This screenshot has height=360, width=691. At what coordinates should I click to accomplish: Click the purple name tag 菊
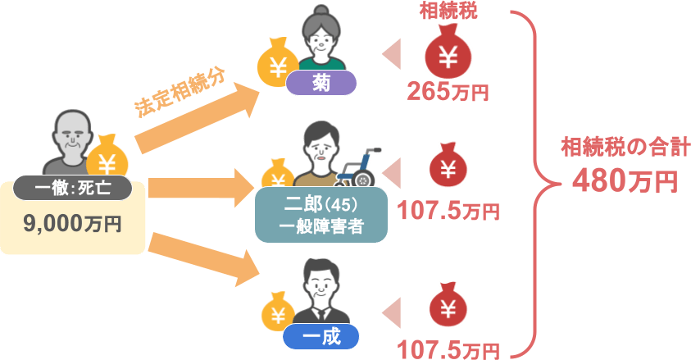320,83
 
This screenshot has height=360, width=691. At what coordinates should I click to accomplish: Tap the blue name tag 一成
320,337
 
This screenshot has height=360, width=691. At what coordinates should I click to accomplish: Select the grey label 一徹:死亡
73,188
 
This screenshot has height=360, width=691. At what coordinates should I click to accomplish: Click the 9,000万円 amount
73,223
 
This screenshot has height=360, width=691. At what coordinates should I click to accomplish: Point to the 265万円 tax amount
448,92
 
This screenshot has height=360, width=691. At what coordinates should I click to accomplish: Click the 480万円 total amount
625,180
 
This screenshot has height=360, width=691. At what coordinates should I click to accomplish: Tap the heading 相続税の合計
625,147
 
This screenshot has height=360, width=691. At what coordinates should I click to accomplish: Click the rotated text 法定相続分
180,93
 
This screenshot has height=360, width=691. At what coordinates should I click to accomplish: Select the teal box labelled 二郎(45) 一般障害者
321,215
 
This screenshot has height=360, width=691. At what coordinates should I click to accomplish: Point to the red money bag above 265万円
448,52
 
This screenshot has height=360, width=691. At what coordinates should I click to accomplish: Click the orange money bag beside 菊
278,62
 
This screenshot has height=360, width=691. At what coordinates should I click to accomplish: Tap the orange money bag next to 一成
278,312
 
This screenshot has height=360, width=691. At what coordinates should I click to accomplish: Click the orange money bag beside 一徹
107,157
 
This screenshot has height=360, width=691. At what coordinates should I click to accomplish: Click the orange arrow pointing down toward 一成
203,259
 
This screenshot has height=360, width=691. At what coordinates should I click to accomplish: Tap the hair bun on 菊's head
321,11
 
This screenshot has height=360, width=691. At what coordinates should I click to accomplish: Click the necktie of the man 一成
321,314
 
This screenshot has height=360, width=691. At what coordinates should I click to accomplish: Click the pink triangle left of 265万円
392,54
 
